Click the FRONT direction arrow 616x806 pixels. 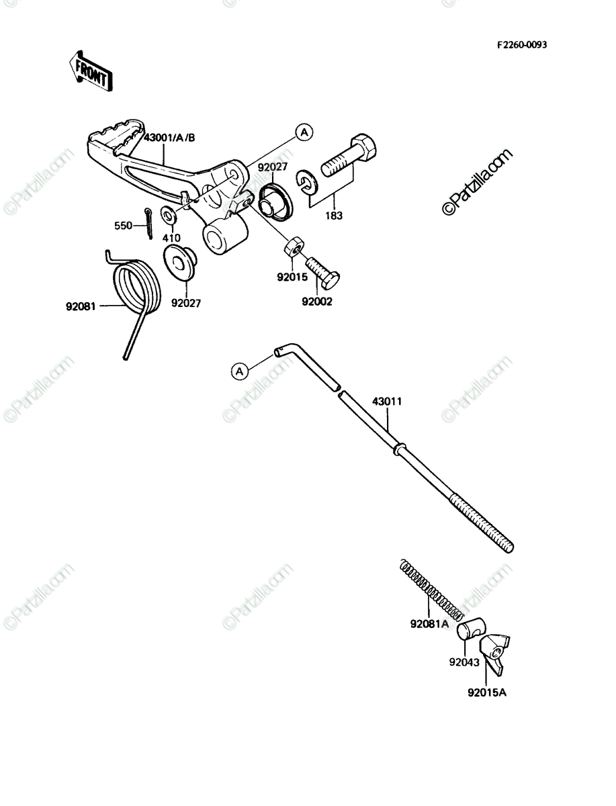click(x=91, y=71)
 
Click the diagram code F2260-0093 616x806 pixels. click(x=522, y=45)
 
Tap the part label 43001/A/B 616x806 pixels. click(x=169, y=138)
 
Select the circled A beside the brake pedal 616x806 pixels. click(x=304, y=132)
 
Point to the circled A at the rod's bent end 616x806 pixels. click(x=240, y=371)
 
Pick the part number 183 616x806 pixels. click(x=334, y=216)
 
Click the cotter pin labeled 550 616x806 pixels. click(x=148, y=224)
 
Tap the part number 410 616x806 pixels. click(x=171, y=238)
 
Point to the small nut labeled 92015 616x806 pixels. click(x=294, y=247)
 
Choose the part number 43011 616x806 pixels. click(x=387, y=402)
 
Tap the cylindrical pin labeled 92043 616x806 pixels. click(x=472, y=629)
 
